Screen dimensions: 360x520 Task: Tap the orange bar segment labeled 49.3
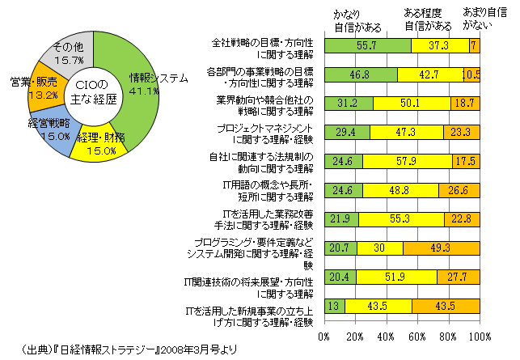(x=442, y=248)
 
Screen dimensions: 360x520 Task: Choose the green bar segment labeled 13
(x=334, y=306)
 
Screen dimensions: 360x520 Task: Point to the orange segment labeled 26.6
(x=459, y=191)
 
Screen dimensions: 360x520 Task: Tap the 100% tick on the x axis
(x=479, y=337)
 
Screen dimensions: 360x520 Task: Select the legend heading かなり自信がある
(x=355, y=20)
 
